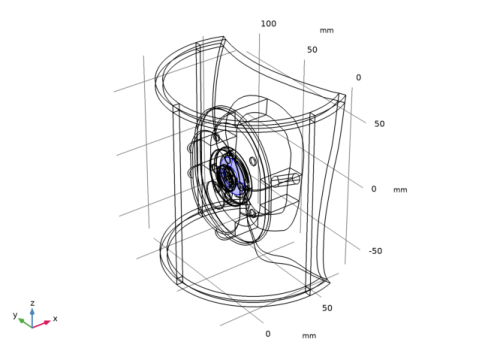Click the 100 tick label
pos(268,24)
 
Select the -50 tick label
pos(375,251)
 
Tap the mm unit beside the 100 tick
pos(326,30)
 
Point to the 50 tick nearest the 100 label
pos(312,50)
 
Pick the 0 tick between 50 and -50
pos(374,189)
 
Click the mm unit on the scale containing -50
pos(400,190)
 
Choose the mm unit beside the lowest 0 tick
pos(309,336)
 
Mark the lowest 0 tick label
pos(268,334)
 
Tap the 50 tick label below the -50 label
pos(327,308)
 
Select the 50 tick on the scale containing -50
pos(379,124)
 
